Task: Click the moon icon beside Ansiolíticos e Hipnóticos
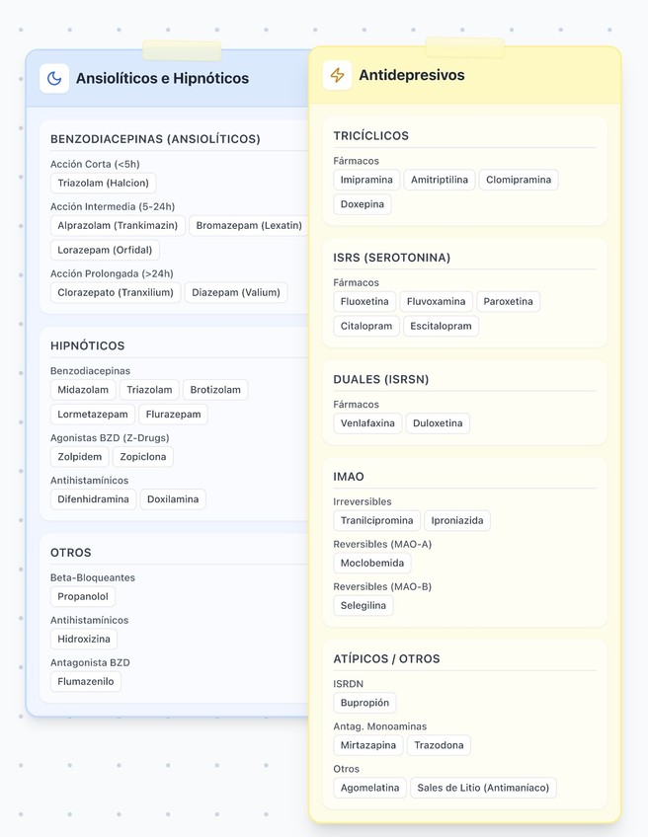(x=54, y=78)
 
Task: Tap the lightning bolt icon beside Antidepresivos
(x=338, y=75)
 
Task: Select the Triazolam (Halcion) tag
(x=103, y=183)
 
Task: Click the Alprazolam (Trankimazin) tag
(x=118, y=225)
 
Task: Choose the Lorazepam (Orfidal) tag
(x=105, y=250)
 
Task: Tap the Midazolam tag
(x=83, y=390)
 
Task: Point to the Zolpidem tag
(x=79, y=457)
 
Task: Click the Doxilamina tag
(x=173, y=499)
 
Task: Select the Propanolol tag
(x=83, y=596)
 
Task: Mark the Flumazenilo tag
(x=86, y=681)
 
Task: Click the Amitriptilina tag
(x=440, y=180)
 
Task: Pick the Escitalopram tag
(x=441, y=326)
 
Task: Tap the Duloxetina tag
(x=438, y=423)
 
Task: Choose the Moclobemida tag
(x=372, y=563)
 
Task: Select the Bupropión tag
(x=365, y=703)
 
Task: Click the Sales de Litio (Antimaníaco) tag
(x=483, y=788)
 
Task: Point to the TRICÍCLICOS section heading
(x=370, y=135)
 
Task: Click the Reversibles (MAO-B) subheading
(x=382, y=586)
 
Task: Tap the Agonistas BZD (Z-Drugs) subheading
(x=110, y=437)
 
